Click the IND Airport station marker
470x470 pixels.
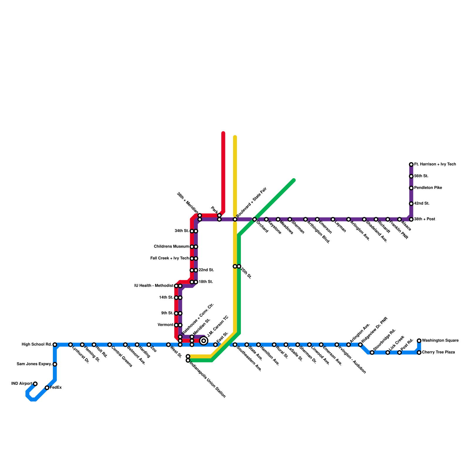coord(35,384)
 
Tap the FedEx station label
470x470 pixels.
coord(56,387)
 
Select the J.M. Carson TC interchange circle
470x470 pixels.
coord(204,341)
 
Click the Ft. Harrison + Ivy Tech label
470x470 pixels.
coord(435,164)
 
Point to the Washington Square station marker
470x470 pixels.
coord(419,341)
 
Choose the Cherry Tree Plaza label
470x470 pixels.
coord(438,352)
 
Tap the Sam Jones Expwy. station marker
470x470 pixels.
coord(55,364)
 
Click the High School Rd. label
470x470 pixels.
coord(37,344)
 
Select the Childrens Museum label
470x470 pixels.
coord(171,246)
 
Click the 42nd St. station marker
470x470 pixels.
coord(411,204)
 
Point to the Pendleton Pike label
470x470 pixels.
coord(428,188)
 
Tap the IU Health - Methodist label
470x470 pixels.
coord(154,286)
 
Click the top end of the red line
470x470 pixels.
coord(223,133)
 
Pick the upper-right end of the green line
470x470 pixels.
coord(294,180)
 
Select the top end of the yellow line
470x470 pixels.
coord(235,137)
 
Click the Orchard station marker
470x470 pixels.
coord(254,219)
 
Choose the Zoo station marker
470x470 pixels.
coord(149,345)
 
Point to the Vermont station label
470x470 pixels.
coord(165,325)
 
